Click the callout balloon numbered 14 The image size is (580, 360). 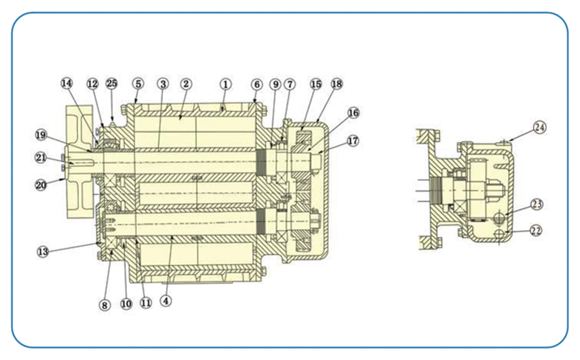66,83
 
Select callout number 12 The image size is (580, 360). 93,83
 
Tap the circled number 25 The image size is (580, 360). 112,83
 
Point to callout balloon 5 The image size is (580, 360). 138,83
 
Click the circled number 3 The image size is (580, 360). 163,83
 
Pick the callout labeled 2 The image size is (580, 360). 186,83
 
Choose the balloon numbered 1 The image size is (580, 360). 225,83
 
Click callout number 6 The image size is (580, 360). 256,83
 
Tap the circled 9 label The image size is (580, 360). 275,83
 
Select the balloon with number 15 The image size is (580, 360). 316,83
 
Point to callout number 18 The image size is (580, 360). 336,83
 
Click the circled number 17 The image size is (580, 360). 353,141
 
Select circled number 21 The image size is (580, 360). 43,158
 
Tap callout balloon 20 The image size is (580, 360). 43,184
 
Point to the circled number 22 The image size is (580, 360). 536,230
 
